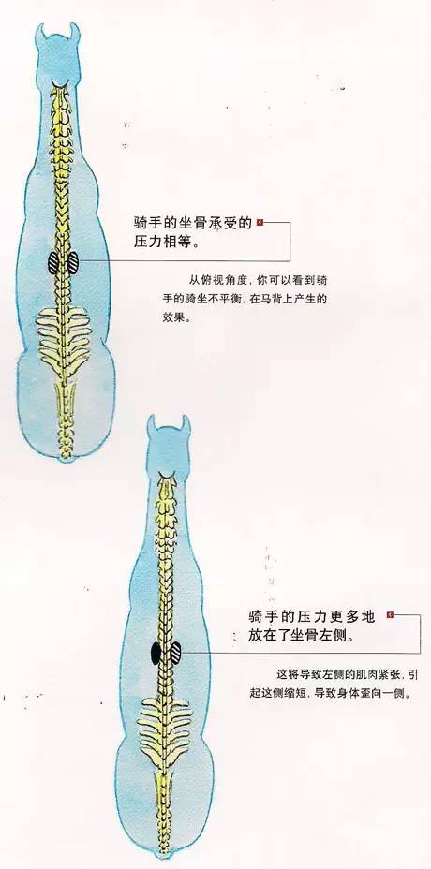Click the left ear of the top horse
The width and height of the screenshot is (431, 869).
point(39,32)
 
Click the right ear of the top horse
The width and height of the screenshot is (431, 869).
point(75,32)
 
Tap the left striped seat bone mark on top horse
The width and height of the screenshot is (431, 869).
point(53,263)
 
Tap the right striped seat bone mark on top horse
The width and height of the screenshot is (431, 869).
point(73,263)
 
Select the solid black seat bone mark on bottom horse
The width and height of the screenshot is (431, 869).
point(156,653)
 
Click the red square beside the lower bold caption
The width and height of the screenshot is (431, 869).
point(390,614)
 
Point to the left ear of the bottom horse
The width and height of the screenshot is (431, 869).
point(151,425)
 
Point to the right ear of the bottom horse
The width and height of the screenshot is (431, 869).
point(186,425)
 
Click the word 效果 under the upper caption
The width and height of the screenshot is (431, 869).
point(165,318)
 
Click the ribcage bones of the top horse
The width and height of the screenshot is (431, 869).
point(64,337)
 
